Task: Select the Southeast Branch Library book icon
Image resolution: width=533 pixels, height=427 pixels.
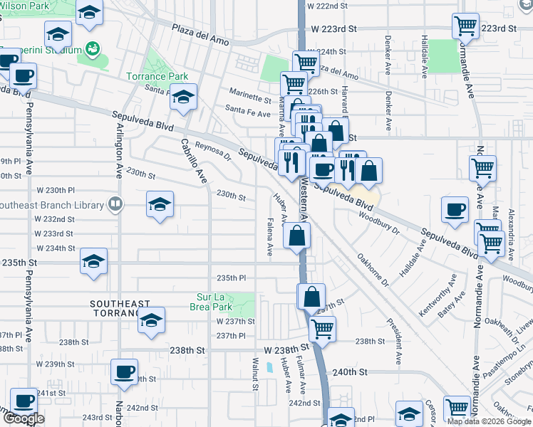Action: point(114,205)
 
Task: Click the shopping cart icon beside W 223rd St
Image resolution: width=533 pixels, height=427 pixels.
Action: point(465,26)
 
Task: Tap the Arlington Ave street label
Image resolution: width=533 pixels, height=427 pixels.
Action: point(119,149)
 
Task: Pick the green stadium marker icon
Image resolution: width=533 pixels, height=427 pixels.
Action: point(92,49)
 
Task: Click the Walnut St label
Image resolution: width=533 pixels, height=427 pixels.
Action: point(254,374)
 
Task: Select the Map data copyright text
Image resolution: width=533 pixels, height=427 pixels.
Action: point(489,421)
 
